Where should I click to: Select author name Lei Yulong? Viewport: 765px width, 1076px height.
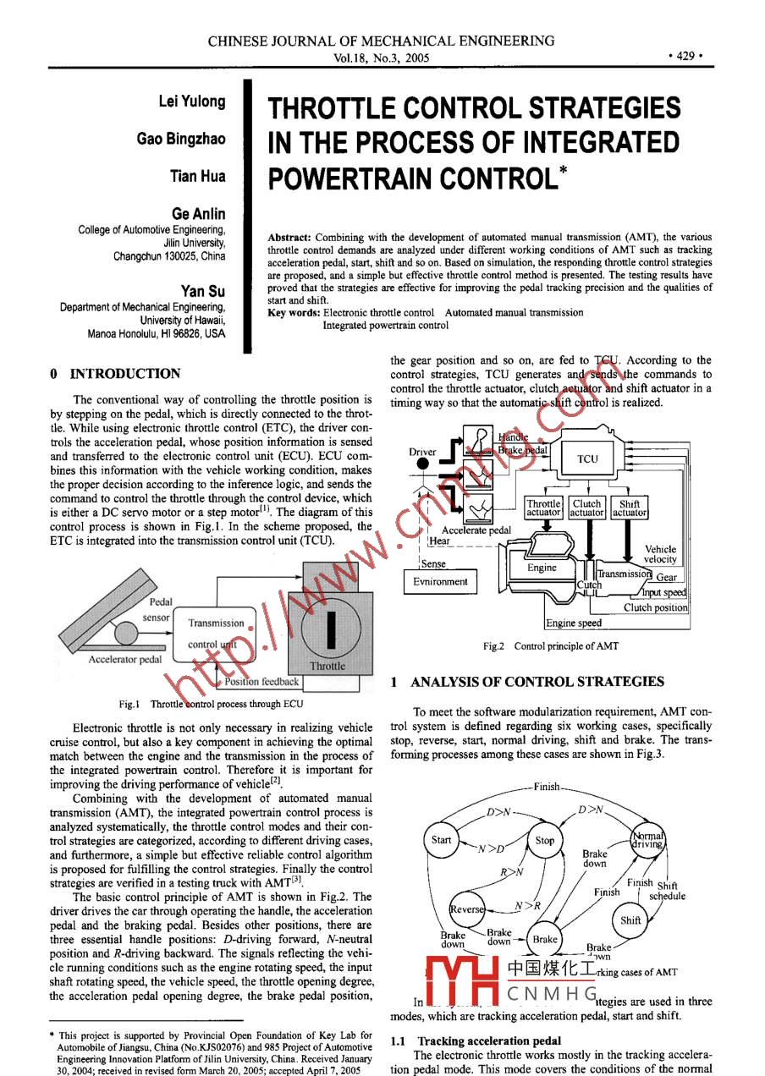pos(192,102)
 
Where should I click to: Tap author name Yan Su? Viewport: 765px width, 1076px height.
pos(203,291)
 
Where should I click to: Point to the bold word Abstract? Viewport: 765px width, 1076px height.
pos(289,238)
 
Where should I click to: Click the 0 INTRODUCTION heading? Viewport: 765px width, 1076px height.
pos(115,374)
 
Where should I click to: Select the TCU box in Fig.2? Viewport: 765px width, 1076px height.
pos(587,458)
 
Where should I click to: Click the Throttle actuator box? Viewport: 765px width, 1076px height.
pos(543,508)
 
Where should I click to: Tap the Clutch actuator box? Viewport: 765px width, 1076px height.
pos(586,508)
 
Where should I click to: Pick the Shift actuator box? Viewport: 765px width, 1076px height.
pos(630,508)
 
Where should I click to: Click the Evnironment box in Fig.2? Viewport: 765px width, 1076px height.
pos(440,582)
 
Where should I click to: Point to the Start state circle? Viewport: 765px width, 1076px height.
pos(442,840)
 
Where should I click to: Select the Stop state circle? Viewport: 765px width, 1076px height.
pos(545,840)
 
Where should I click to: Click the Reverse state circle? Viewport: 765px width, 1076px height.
pos(467,909)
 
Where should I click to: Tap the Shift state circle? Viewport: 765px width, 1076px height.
pos(631,920)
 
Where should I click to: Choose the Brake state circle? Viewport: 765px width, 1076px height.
pos(545,939)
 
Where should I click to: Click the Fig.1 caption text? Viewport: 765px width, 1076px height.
pos(211,703)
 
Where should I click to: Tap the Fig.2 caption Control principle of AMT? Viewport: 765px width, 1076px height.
pos(550,646)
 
